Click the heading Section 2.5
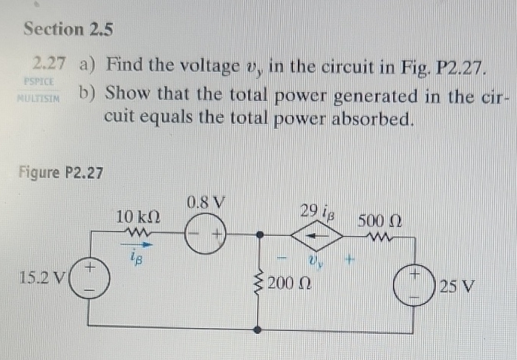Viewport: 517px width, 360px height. [x=68, y=29]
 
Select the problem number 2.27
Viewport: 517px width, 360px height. [x=49, y=65]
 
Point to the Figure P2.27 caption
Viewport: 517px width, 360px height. [x=60, y=173]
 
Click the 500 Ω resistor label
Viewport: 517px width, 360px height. [x=380, y=220]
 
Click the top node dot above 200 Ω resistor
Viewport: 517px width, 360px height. [x=258, y=236]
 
